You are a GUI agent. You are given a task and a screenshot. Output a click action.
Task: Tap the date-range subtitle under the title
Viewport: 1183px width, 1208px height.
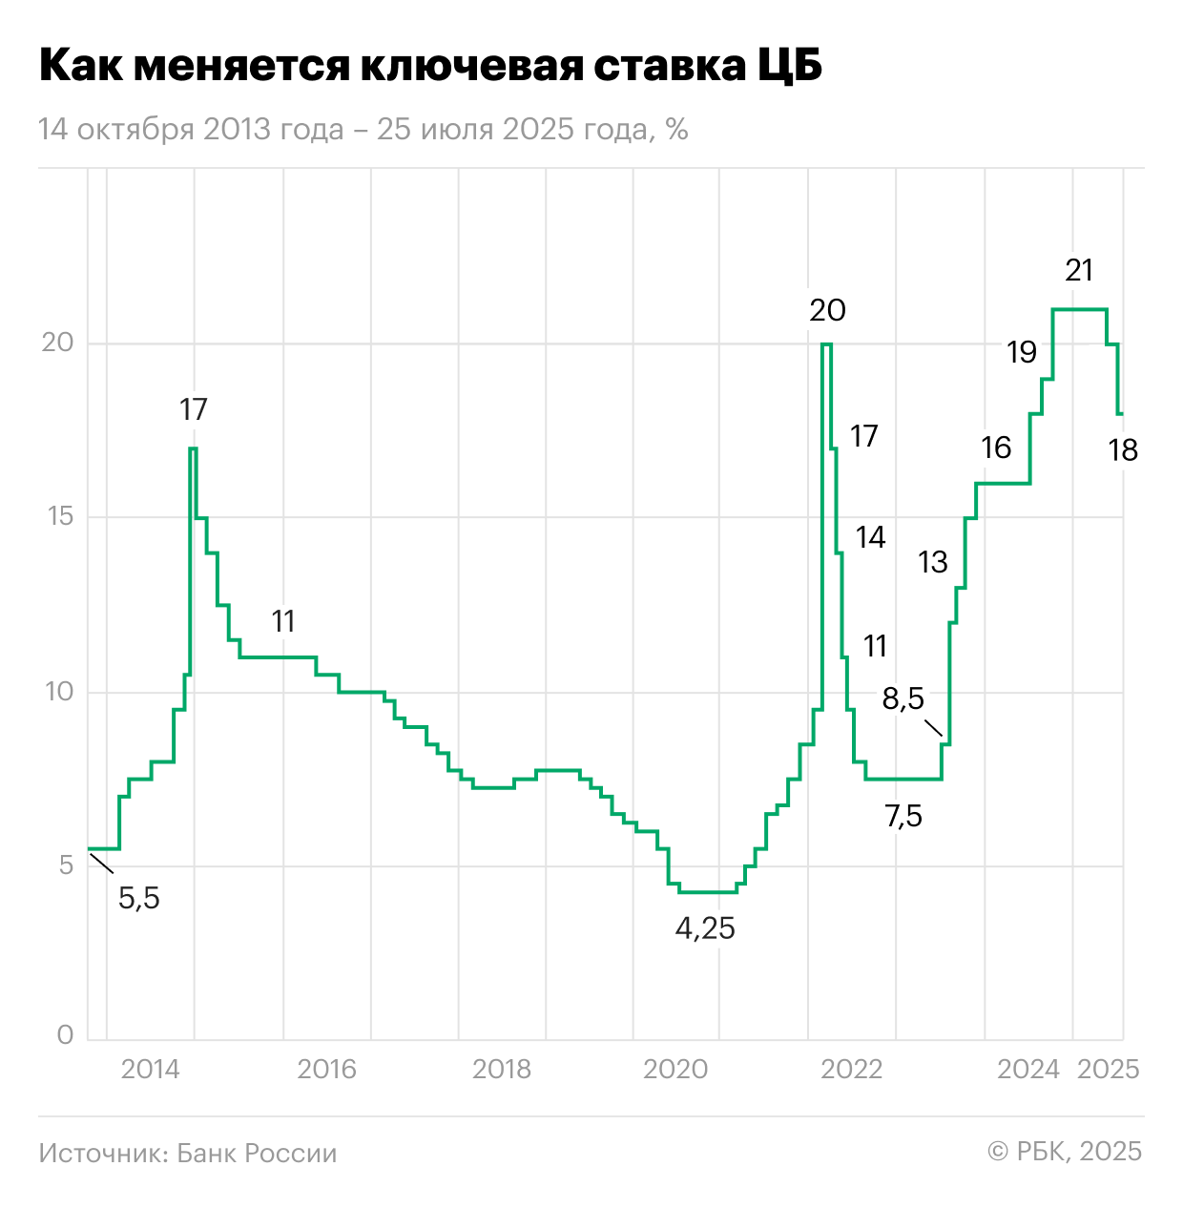pyautogui.click(x=363, y=130)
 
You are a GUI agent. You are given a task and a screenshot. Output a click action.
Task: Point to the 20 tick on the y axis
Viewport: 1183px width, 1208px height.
pyautogui.click(x=57, y=343)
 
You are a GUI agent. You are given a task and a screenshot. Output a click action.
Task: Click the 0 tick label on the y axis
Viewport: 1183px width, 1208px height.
pyautogui.click(x=65, y=1035)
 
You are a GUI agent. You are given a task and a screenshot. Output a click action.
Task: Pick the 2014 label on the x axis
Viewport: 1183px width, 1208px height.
pyautogui.click(x=150, y=1069)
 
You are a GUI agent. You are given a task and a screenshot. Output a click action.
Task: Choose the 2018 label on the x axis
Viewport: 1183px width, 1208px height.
pyautogui.click(x=502, y=1069)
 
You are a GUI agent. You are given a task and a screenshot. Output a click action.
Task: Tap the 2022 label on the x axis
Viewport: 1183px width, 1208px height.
pyautogui.click(x=852, y=1069)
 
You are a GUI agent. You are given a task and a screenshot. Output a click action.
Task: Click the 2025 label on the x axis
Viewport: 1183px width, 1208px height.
pyautogui.click(x=1109, y=1069)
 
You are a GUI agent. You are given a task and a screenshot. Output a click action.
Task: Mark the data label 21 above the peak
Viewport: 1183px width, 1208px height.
pyautogui.click(x=1079, y=271)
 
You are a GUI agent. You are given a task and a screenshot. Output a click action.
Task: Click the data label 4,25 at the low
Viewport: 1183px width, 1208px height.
pyautogui.click(x=705, y=928)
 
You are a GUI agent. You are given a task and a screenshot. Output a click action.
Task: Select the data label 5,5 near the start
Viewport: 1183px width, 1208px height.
pyautogui.click(x=139, y=898)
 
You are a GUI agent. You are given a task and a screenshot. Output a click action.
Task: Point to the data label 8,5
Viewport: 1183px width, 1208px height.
pyautogui.click(x=903, y=699)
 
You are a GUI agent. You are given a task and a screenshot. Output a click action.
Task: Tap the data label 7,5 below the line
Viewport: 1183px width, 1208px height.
pyautogui.click(x=903, y=817)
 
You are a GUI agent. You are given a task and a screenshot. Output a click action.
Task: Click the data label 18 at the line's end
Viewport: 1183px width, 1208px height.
pyautogui.click(x=1124, y=450)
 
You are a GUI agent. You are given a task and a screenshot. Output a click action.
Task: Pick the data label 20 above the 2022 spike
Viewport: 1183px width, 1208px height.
pyautogui.click(x=827, y=310)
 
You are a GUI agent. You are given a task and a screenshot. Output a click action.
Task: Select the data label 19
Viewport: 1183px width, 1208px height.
pyautogui.click(x=1022, y=353)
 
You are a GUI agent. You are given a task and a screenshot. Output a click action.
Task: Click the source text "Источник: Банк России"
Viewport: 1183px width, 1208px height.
pyautogui.click(x=188, y=1153)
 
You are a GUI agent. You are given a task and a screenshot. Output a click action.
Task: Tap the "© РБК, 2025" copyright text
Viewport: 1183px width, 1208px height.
pyautogui.click(x=1065, y=1152)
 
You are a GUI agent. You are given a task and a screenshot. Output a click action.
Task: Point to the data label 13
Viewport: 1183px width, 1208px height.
pyautogui.click(x=933, y=563)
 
